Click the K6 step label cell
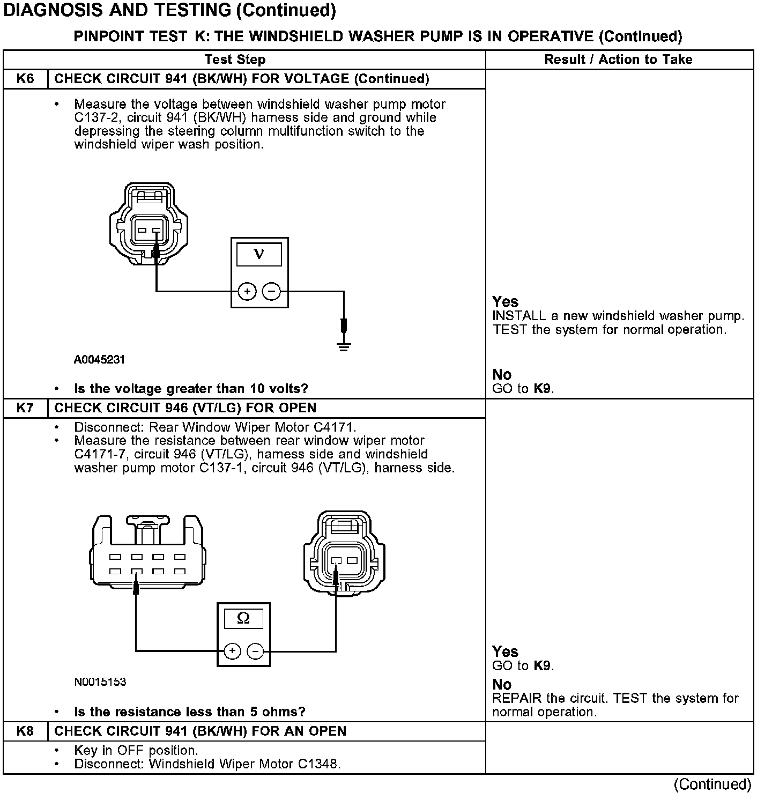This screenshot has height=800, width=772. (25, 79)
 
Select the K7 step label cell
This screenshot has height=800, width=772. (25, 408)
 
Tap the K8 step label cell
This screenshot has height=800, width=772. (25, 731)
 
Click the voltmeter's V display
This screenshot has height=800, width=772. (259, 254)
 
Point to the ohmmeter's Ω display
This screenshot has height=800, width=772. (243, 619)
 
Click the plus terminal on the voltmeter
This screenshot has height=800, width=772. (247, 292)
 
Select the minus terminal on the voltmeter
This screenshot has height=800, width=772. (272, 292)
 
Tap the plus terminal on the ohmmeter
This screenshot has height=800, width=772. (232, 651)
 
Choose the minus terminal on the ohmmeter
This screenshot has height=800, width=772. (256, 651)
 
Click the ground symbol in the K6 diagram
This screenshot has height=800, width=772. (344, 346)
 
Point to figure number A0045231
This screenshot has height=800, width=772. (99, 359)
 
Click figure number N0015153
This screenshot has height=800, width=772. (100, 682)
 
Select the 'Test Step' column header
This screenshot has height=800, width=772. (235, 60)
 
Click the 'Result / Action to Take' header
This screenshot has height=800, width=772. (618, 60)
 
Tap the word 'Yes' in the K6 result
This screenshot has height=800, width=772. (506, 301)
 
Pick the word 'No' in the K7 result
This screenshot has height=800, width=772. (502, 685)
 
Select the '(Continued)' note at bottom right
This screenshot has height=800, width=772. (712, 784)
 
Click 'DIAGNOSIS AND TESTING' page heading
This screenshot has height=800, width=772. (169, 10)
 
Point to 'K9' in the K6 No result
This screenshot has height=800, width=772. (543, 389)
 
